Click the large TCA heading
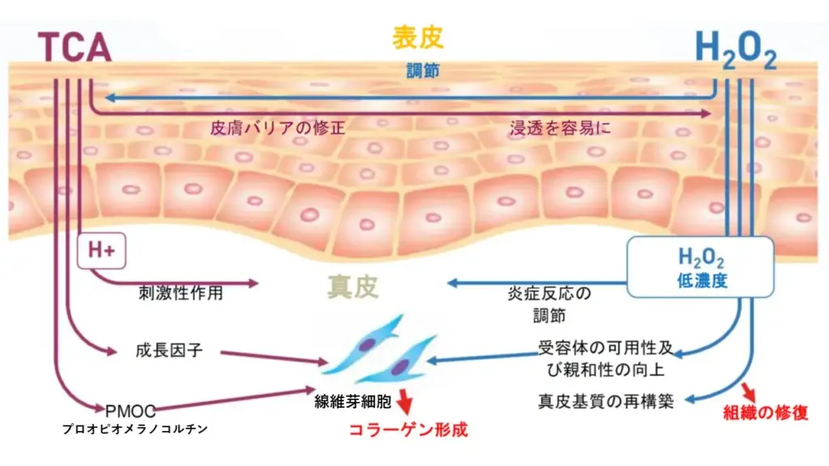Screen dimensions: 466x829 (74, 47)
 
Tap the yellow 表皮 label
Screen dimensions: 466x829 (418, 37)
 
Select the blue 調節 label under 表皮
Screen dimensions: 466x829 (423, 70)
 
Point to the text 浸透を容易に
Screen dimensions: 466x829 (560, 128)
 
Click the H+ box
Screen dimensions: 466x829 (100, 252)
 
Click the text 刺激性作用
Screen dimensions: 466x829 (181, 293)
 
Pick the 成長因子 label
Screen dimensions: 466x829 (168, 350)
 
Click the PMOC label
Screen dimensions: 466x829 (130, 409)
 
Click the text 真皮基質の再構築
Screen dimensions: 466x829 (606, 401)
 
